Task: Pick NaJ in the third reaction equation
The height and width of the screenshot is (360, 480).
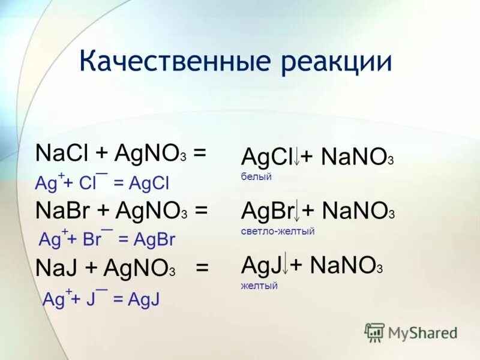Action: click(x=56, y=268)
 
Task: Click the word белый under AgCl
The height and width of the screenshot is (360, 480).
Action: click(x=256, y=177)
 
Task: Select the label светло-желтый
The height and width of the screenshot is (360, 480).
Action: click(x=278, y=231)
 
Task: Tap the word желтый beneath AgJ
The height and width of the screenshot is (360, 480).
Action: click(x=259, y=286)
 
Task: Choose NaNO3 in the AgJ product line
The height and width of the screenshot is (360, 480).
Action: click(x=346, y=266)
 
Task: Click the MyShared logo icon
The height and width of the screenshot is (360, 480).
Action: click(x=375, y=332)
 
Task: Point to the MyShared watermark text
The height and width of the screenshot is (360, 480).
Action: click(x=422, y=333)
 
